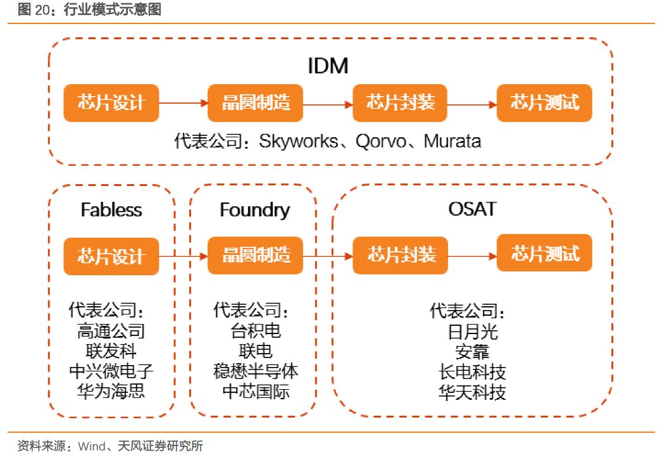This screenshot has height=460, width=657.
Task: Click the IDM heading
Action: coord(328,65)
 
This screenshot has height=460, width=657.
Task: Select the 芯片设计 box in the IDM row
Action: coord(111,103)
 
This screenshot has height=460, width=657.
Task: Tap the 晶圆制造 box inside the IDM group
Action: coord(256,103)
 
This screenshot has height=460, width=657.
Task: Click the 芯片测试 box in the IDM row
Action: coord(544,103)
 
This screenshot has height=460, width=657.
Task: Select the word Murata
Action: coord(452,140)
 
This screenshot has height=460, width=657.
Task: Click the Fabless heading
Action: coord(111,209)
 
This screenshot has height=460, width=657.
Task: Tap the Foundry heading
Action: coord(254,209)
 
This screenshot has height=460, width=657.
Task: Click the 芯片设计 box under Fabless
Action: coord(111,256)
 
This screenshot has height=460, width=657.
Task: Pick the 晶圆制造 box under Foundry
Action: coord(256,255)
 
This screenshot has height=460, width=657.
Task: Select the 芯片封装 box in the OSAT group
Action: coord(400,255)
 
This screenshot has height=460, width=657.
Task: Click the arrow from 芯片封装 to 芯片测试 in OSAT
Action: coord(472,256)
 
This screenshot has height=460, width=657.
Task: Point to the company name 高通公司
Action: coord(111,331)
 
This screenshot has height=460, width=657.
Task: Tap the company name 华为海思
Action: coord(111,390)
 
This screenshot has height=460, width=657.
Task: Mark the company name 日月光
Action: coord(472,332)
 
